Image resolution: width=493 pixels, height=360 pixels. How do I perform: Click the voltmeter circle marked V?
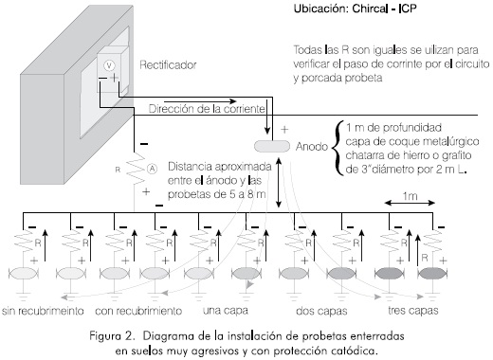[x=109, y=65]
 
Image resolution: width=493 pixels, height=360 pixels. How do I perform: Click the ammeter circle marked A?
[x=152, y=169]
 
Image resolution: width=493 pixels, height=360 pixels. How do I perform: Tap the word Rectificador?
[x=168, y=65]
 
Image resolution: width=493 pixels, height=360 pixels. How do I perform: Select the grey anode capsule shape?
[x=272, y=146]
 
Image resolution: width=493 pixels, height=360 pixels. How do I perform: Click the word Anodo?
[x=312, y=147]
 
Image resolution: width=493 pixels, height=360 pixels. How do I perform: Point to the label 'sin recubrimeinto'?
[x=43, y=311]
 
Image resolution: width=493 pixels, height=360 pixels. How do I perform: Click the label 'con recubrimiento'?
[x=138, y=311]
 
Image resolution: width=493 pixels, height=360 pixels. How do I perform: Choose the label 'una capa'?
[x=226, y=311]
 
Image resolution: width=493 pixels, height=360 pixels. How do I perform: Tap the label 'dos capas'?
[x=321, y=311]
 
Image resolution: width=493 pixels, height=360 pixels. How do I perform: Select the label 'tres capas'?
[x=413, y=311]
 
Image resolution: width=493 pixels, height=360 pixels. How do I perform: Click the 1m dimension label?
[x=410, y=196]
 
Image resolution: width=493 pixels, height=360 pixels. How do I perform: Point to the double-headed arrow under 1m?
[x=410, y=203]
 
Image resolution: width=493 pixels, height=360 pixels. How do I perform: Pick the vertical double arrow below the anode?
[x=279, y=183]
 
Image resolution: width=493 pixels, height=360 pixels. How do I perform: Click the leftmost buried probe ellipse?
[x=23, y=274]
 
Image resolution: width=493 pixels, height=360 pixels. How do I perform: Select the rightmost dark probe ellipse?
[x=432, y=273]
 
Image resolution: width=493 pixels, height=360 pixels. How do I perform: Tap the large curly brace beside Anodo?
[x=338, y=148]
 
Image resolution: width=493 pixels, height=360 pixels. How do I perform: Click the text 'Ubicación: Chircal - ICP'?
[x=355, y=9]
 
